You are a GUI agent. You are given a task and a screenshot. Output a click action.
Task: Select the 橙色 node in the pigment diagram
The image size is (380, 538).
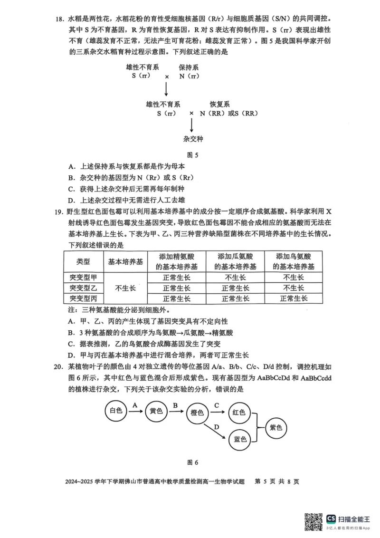(x=197, y=413)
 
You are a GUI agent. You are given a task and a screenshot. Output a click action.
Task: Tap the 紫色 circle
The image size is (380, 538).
(x=276, y=427)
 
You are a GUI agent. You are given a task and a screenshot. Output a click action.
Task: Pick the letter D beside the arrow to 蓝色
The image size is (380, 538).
(x=216, y=427)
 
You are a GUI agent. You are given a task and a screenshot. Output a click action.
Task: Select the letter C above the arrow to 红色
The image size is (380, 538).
(x=216, y=405)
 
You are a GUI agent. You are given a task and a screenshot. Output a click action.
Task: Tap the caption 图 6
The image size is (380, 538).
(x=192, y=462)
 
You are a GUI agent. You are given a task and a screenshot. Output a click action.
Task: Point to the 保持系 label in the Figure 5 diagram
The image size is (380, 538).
(x=189, y=68)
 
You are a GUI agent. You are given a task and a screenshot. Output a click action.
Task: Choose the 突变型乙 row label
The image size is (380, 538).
(x=83, y=288)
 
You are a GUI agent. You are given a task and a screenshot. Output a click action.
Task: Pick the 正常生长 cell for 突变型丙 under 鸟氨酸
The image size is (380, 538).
(x=294, y=298)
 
